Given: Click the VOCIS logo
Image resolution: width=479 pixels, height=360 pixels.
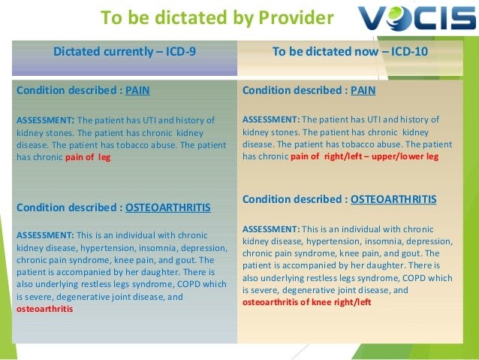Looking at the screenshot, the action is [417, 18].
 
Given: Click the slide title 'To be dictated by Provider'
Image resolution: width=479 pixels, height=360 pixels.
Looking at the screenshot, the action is [217, 17].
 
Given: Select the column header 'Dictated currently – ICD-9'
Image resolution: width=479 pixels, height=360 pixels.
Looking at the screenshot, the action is [125, 51].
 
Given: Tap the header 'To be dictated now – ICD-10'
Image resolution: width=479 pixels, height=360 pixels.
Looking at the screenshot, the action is [350, 51].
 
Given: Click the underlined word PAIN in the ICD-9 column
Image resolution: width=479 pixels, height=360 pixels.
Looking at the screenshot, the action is [137, 90].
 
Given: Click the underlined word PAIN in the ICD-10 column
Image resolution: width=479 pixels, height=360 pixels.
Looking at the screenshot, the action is [363, 90].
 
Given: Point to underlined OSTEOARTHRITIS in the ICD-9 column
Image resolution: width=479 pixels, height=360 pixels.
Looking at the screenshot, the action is [168, 207].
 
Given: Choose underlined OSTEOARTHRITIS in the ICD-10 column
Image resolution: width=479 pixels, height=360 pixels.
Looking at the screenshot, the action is [393, 199].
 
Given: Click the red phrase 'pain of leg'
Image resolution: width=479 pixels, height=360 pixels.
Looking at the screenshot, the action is [88, 157].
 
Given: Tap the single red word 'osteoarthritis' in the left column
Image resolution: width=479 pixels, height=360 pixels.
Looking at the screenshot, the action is [44, 309].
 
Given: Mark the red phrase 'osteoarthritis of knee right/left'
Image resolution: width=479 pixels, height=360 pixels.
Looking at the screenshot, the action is [307, 302].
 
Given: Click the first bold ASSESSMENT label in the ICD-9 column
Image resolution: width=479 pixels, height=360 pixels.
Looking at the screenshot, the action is [45, 120].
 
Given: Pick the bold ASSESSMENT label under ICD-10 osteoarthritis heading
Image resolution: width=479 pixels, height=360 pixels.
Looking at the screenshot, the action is [271, 229].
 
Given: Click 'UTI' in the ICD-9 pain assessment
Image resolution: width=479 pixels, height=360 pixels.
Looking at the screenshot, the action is [149, 120].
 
